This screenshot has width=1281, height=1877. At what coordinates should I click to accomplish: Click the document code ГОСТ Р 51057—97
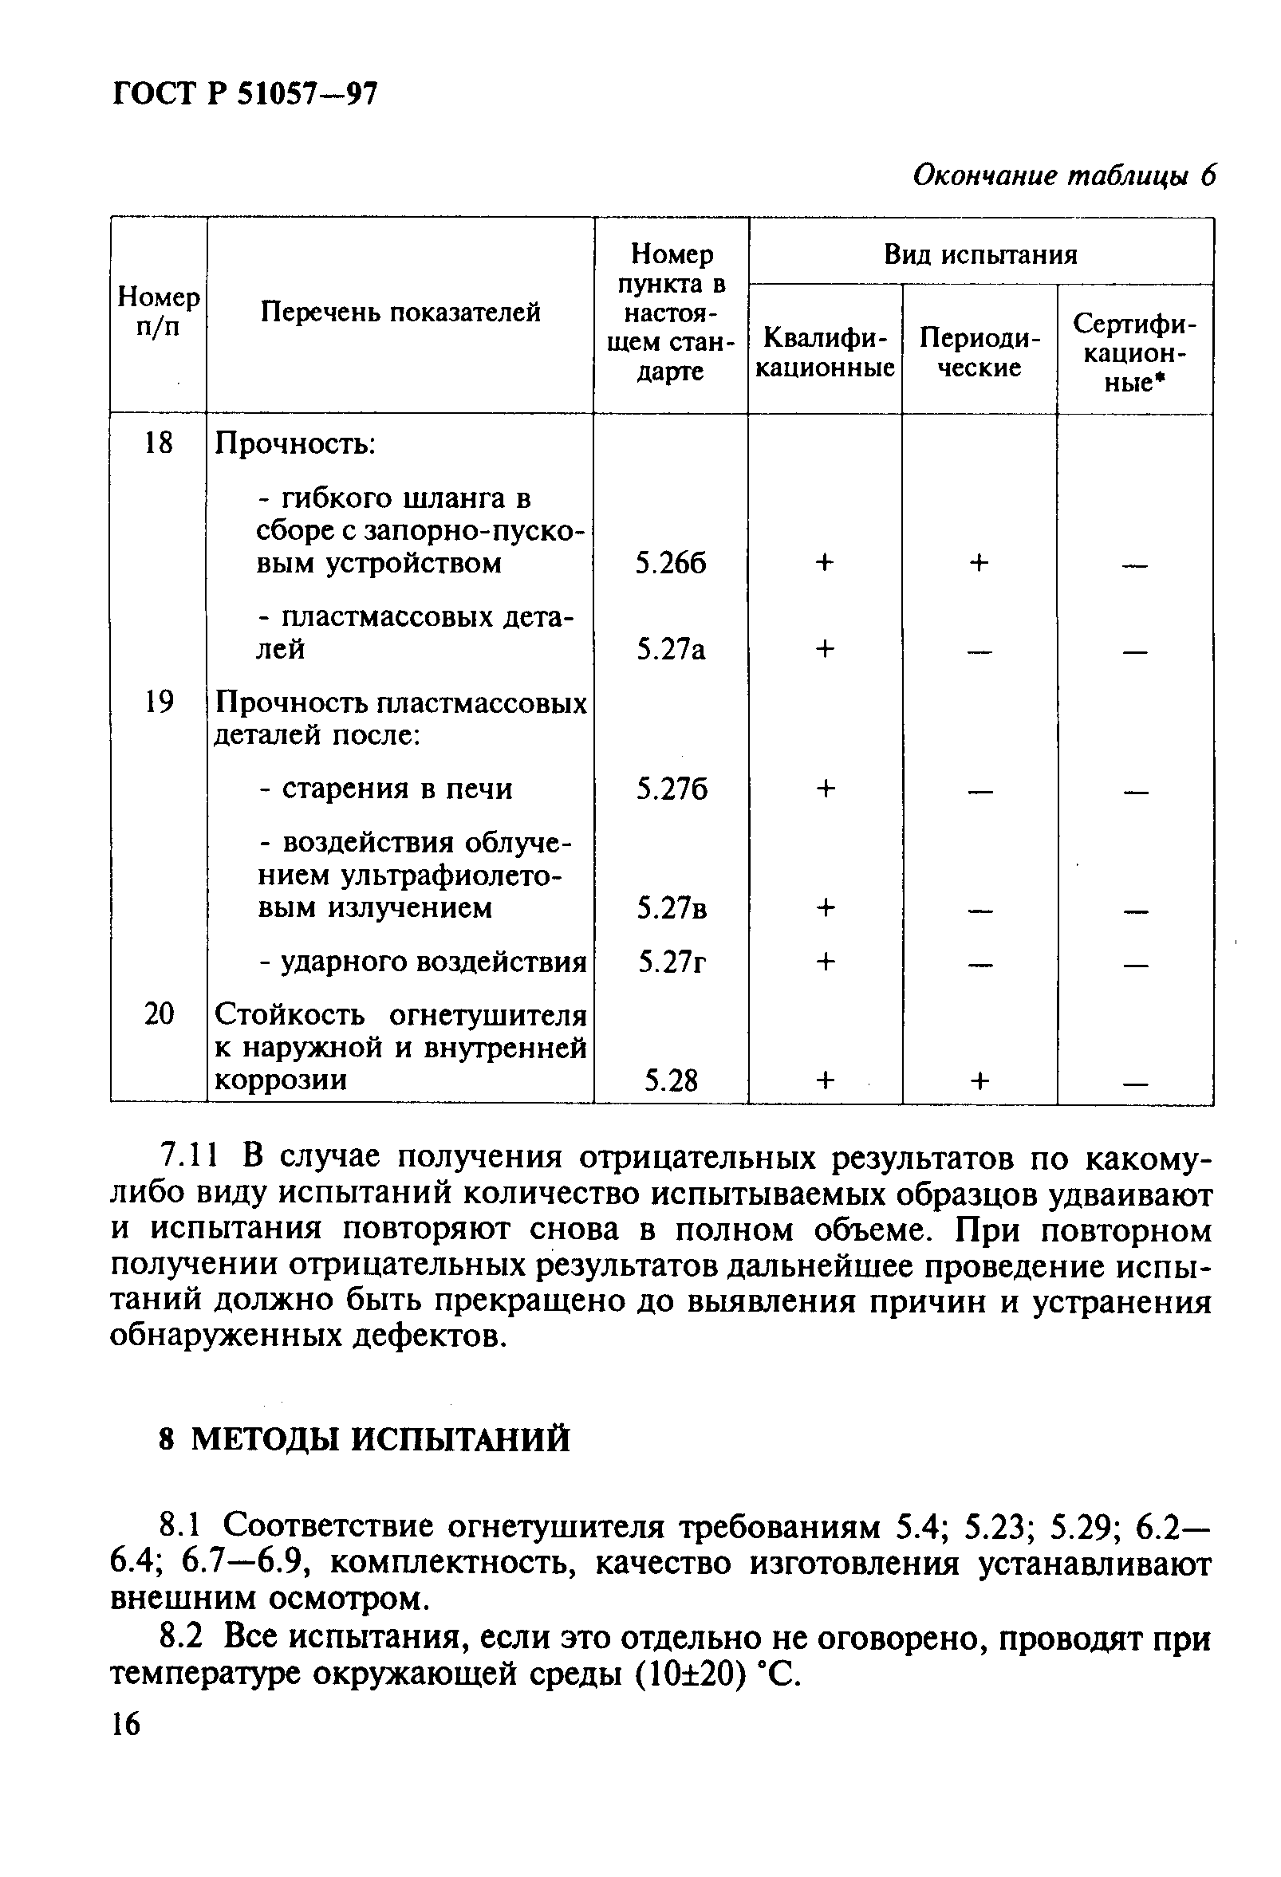coord(244,96)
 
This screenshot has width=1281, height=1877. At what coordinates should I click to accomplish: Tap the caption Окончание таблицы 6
coord(1063,175)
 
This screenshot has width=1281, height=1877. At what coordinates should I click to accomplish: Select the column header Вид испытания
coord(980,255)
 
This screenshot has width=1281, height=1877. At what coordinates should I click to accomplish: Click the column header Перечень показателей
coord(400,312)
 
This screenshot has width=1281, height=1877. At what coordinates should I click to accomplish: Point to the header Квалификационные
coord(825,352)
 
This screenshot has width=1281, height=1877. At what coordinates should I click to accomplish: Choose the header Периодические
coord(979,352)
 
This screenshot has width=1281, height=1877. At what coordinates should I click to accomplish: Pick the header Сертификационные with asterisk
coord(1135,352)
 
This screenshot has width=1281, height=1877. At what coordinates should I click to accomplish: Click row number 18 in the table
coord(158,443)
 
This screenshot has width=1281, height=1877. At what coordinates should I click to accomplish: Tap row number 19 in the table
coord(158,702)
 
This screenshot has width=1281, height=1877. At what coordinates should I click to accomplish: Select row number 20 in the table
coord(158,1013)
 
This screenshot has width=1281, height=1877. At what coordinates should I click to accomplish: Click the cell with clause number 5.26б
coord(670,564)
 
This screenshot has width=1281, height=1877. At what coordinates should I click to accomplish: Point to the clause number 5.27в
coord(671,910)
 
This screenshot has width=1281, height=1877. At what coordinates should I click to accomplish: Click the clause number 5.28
coord(670,1080)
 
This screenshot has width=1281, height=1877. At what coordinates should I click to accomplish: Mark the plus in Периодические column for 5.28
coord(979,1080)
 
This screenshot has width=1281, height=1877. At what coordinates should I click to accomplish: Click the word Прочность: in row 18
coord(296,443)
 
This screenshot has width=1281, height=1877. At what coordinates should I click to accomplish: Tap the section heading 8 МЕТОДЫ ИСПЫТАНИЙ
coord(365,1440)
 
